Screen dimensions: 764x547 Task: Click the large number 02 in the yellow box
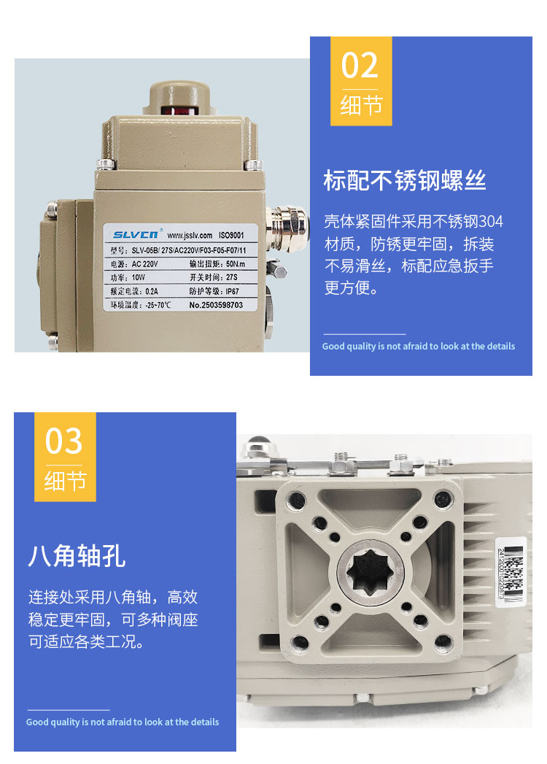coord(360,66)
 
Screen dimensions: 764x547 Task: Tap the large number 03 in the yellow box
coord(64,441)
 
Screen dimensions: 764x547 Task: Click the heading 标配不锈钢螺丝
coord(405,180)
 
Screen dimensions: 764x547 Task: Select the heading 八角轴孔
coord(77,555)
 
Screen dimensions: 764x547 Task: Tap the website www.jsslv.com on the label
coord(189,236)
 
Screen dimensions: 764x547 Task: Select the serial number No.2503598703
coord(216,304)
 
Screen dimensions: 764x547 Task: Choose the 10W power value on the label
coord(139,277)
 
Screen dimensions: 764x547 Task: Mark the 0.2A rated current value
coord(151,290)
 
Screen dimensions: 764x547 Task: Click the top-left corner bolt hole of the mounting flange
coord(297,501)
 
